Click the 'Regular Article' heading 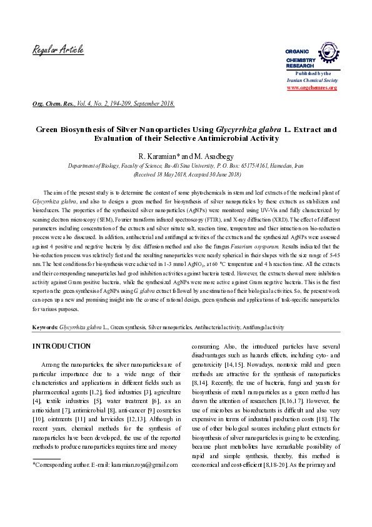click(x=58, y=50)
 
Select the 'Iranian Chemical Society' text click(x=312, y=81)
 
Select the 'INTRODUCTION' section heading click(x=61, y=346)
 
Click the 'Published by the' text click(x=312, y=74)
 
